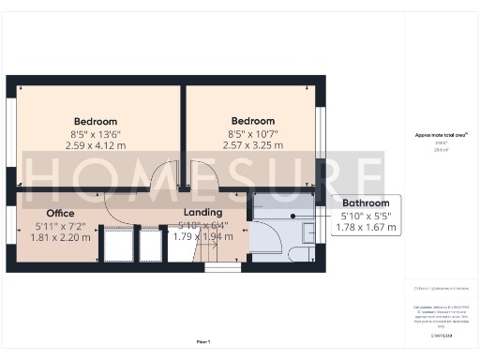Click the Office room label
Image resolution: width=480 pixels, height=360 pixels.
pos(60,213)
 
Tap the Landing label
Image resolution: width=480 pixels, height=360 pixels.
pos(203,213)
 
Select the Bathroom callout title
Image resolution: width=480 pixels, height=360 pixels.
pos(365,202)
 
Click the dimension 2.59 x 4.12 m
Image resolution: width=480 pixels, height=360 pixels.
pos(96,146)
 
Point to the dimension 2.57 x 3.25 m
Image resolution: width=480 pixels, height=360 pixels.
pos(252,146)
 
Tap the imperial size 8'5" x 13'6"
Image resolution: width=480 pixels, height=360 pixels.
pos(96,134)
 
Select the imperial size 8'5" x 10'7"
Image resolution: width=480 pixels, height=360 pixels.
pos(252,134)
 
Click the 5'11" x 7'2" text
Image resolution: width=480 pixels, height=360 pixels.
pos(60,225)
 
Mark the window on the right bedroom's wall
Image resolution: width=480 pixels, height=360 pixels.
pos(320,132)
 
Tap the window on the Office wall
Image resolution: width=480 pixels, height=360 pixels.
pos(11,233)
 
